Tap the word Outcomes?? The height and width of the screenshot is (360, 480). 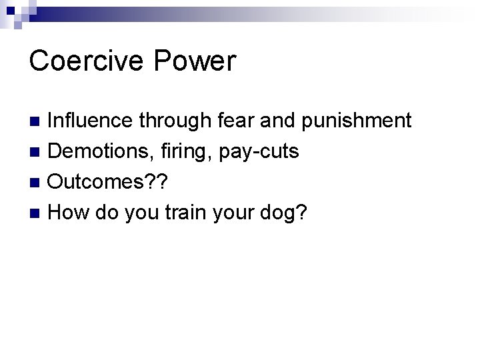coord(106,183)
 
